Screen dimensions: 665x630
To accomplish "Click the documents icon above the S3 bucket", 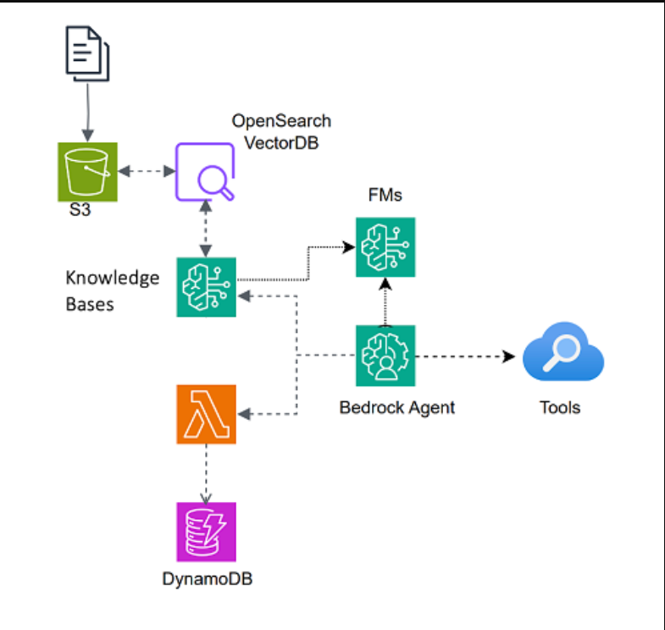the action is (x=87, y=53).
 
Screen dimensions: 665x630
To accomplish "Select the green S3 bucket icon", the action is (x=87, y=172).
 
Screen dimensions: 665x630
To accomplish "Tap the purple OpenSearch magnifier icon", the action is (x=205, y=172).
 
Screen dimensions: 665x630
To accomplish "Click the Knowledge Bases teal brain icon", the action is (x=206, y=287).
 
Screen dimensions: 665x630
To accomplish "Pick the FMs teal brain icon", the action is (x=385, y=247).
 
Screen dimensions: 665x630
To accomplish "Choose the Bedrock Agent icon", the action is (x=385, y=356).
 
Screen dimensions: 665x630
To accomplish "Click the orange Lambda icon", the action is (x=206, y=414).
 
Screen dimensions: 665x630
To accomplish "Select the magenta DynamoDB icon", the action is (x=206, y=532).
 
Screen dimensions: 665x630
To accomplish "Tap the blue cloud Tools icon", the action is (x=563, y=352).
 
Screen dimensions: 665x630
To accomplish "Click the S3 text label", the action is (x=80, y=209).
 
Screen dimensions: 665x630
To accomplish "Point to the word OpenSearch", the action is (x=281, y=121).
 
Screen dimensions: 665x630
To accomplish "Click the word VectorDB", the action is (x=281, y=143).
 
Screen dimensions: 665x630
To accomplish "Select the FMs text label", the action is (x=385, y=195).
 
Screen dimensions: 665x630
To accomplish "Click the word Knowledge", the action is (x=113, y=278).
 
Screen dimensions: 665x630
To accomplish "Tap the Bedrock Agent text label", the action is (x=397, y=407).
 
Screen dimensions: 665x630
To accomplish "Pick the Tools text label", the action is (x=560, y=407).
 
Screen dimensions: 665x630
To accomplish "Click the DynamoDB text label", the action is (x=208, y=578).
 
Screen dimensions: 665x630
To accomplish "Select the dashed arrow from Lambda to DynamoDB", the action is (x=206, y=474).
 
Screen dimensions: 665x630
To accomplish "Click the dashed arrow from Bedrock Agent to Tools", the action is (x=465, y=356).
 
